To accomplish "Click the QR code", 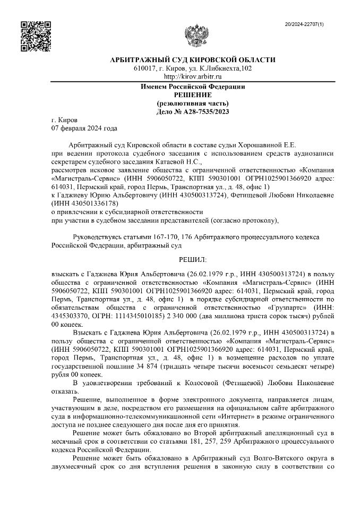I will pyautogui.click(x=35, y=36).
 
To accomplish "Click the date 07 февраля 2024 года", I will pyautogui.click(x=84, y=128).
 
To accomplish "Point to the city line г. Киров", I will pyautogui.click(x=64, y=120).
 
